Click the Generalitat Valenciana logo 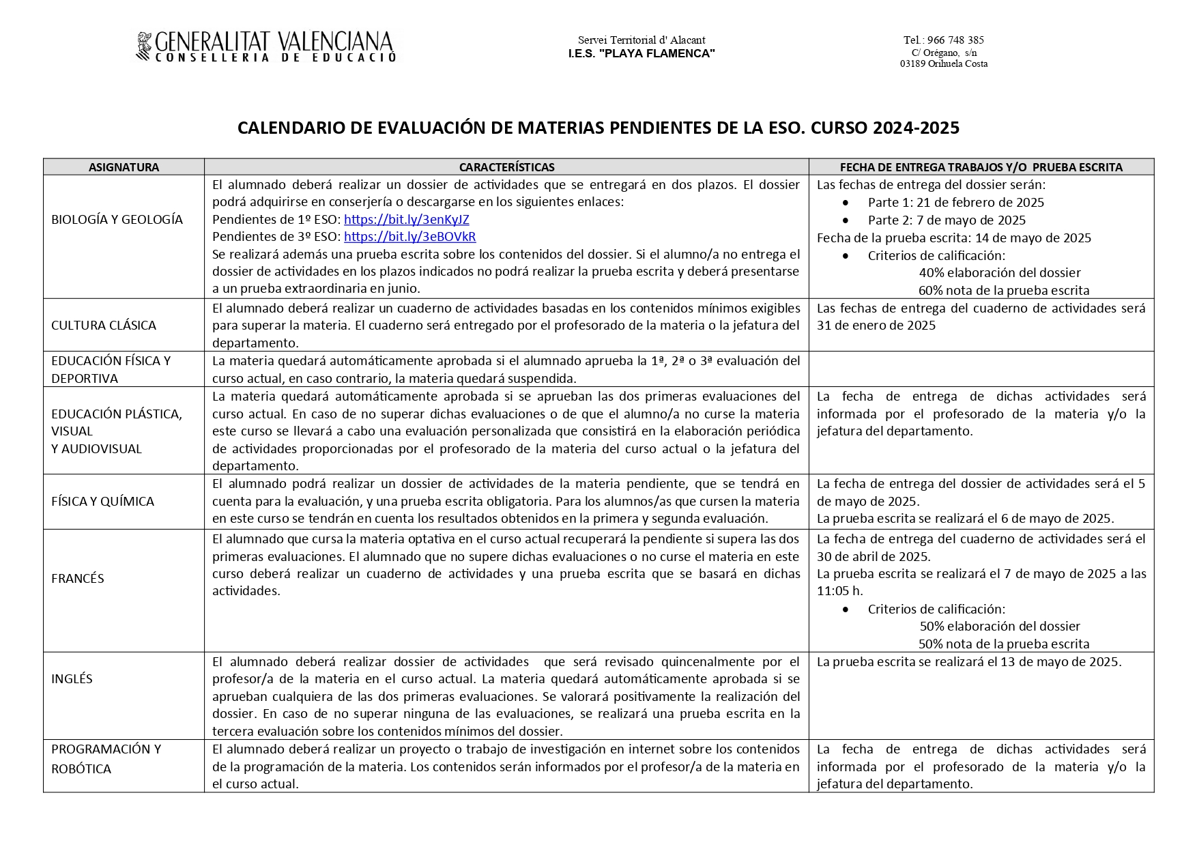(x=266, y=47)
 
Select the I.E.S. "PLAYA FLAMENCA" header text (x=641, y=54)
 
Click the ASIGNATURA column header (x=124, y=167)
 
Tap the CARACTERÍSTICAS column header (x=506, y=167)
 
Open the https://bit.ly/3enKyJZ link (x=406, y=220)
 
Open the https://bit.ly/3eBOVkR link (x=409, y=237)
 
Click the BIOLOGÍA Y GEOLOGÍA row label (x=117, y=220)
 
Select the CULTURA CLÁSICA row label (x=104, y=326)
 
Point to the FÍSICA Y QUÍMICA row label (x=102, y=502)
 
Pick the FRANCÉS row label (x=78, y=579)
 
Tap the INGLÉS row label (x=72, y=679)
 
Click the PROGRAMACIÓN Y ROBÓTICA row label (x=106, y=759)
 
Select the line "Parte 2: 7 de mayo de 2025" (x=947, y=220)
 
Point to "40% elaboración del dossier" (x=999, y=273)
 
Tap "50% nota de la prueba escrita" (x=1003, y=644)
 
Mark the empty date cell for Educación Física (x=981, y=369)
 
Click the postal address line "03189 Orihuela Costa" (x=943, y=64)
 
